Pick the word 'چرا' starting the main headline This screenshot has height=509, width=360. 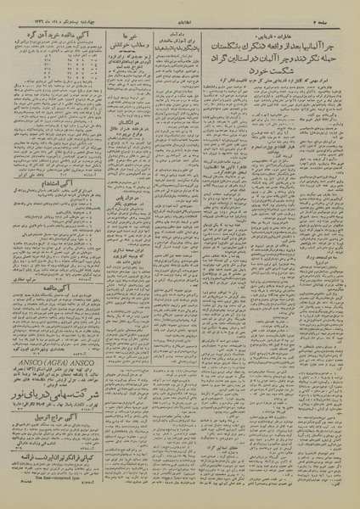(x=336, y=39)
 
